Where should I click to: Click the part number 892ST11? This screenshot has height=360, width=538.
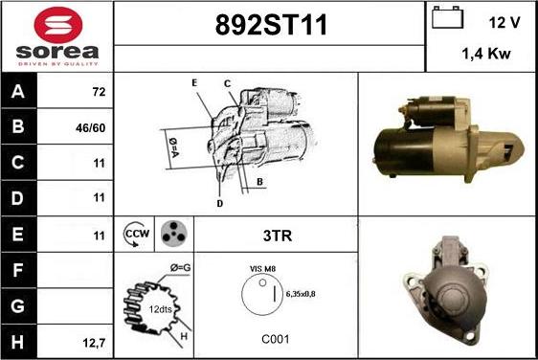(x=271, y=25)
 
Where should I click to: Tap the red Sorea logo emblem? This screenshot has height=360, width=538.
(x=58, y=25)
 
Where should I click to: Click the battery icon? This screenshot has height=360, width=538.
(x=447, y=17)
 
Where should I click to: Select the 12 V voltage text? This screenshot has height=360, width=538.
(x=504, y=23)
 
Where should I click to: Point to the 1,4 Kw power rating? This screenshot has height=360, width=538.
(x=486, y=54)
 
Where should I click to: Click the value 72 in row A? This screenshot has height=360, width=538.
(x=99, y=92)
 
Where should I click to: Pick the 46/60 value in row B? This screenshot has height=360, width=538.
(x=91, y=128)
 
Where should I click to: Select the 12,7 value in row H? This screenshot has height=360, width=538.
(x=94, y=343)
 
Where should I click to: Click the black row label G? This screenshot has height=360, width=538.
(x=18, y=306)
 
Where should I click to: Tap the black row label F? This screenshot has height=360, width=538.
(x=18, y=270)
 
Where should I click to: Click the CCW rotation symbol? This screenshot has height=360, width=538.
(x=136, y=234)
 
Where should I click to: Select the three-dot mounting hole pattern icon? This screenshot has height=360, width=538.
(x=174, y=234)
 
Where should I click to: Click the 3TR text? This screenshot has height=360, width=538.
(x=278, y=236)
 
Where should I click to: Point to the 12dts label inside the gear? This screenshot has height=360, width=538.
(x=160, y=309)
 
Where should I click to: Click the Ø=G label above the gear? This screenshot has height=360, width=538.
(x=181, y=268)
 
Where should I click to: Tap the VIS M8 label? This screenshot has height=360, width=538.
(x=262, y=269)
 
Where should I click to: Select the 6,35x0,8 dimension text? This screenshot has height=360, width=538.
(x=301, y=294)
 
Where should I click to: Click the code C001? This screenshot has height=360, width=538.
(x=276, y=339)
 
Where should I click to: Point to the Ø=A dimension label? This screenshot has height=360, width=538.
(x=174, y=147)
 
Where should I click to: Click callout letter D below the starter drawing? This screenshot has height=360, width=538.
(x=220, y=204)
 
